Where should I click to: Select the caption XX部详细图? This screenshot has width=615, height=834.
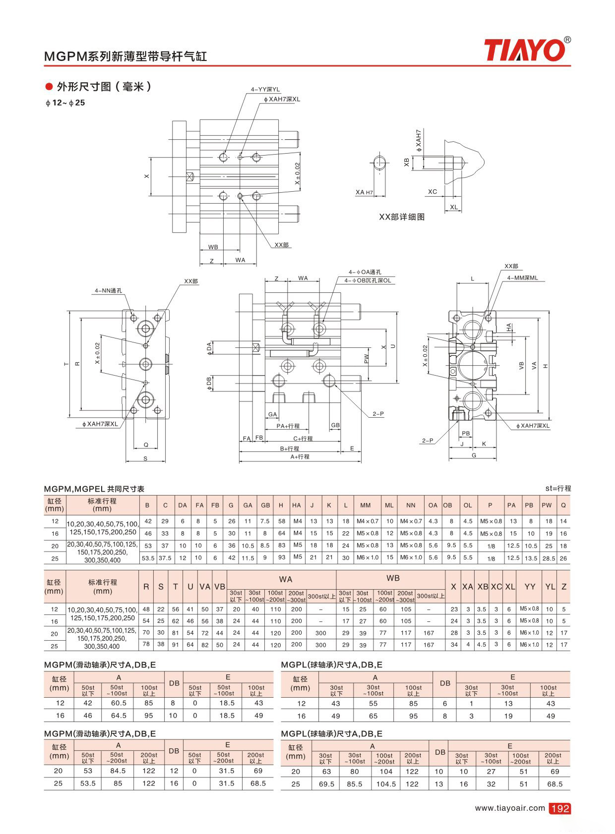(402, 217)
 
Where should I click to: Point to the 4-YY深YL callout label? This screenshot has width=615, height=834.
(265, 89)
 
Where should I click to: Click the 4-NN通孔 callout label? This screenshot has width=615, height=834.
(108, 290)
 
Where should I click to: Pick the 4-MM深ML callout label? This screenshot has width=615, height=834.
(522, 278)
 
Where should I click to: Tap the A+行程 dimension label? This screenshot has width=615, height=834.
(300, 456)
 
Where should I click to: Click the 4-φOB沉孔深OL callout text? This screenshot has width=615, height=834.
(368, 280)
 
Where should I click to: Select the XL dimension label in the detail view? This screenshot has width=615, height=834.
(454, 207)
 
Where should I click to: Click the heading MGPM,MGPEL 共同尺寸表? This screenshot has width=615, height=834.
(94, 489)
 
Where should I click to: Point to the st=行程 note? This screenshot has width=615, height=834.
(558, 488)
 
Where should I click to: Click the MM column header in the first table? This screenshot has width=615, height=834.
(365, 505)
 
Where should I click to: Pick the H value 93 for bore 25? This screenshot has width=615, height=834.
(282, 557)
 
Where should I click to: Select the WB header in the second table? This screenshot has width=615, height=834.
(393, 578)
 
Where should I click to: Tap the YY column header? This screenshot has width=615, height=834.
(530, 587)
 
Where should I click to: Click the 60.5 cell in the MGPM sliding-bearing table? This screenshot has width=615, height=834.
(119, 703)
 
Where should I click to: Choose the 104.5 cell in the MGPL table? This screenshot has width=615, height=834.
(386, 784)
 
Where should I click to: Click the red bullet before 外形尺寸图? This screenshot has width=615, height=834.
(49, 87)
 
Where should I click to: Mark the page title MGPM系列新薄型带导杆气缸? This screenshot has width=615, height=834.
(125, 56)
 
